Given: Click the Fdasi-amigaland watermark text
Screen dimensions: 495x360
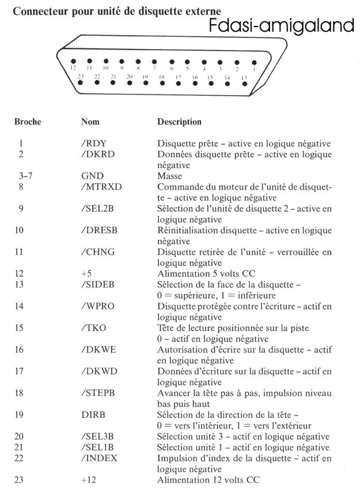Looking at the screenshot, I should tap(282, 26).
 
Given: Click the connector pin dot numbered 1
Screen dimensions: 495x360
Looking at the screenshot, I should tap(254, 62).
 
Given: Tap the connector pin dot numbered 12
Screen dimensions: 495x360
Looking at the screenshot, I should tap(73, 61).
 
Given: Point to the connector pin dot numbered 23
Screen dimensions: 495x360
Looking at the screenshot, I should tap(80, 82).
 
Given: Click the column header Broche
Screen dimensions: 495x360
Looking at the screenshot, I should tap(27, 122).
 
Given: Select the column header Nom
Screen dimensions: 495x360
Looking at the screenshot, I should tap(90, 122).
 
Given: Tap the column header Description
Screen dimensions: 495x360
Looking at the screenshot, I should tap(179, 122).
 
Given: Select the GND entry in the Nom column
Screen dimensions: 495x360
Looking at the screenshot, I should tap(92, 176).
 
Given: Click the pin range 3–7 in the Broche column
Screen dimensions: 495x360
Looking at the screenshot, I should tap(25, 176).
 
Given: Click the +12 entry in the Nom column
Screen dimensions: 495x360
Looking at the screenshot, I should tap(89, 480).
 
